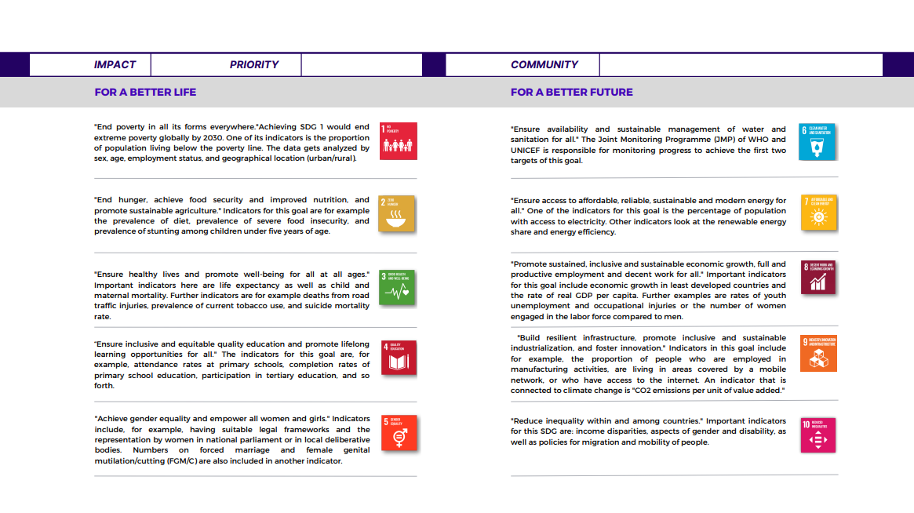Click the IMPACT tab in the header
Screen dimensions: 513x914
pyautogui.click(x=115, y=65)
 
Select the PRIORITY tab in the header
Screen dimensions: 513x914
pyautogui.click(x=253, y=65)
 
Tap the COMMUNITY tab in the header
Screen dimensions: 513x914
pyautogui.click(x=544, y=65)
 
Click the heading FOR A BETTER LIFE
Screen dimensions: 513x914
pyautogui.click(x=145, y=92)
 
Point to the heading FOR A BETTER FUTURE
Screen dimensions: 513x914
pyautogui.click(x=571, y=92)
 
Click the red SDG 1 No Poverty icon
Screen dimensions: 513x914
pyautogui.click(x=398, y=141)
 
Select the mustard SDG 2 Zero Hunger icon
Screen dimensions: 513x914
pyautogui.click(x=396, y=213)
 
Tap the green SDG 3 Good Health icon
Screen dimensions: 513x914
pyautogui.click(x=397, y=287)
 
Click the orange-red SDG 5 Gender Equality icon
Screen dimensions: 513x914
pyautogui.click(x=399, y=433)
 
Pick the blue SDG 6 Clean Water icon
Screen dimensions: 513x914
pyautogui.click(x=818, y=141)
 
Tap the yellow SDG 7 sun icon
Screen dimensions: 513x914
pyautogui.click(x=819, y=213)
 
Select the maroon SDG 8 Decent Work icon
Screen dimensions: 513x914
pyautogui.click(x=818, y=278)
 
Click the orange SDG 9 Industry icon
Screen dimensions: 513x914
pyautogui.click(x=819, y=353)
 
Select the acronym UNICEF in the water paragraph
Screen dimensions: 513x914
pyautogui.click(x=529, y=151)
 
